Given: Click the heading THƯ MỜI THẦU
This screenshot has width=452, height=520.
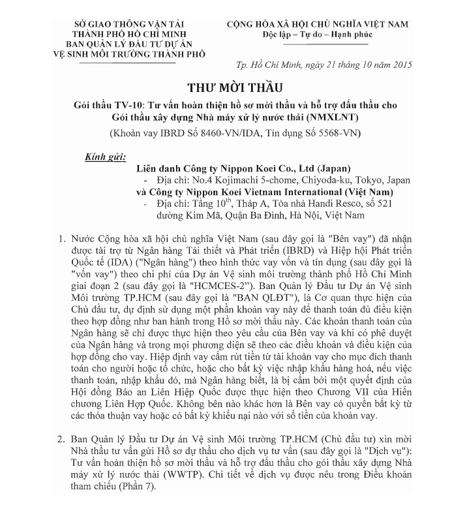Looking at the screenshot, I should pos(228,88).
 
